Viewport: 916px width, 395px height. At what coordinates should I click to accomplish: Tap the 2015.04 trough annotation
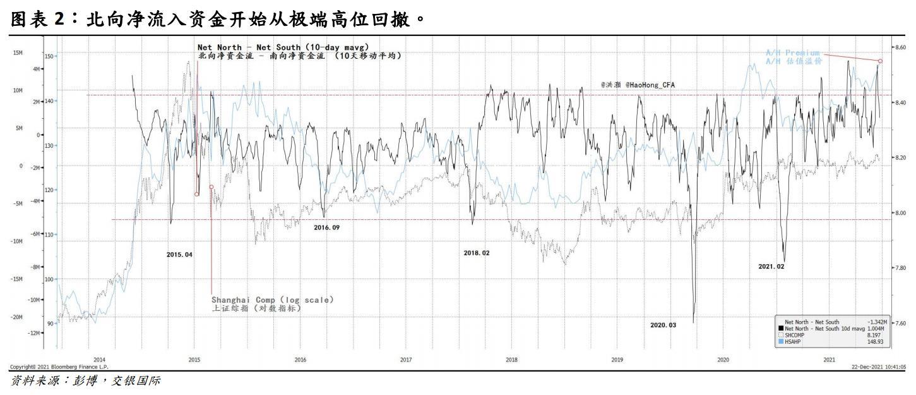[179, 254]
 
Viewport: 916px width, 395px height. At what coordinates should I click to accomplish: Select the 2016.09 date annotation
[326, 227]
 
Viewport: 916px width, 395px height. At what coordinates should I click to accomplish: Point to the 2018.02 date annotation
[476, 253]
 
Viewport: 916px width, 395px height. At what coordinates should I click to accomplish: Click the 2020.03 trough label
[663, 325]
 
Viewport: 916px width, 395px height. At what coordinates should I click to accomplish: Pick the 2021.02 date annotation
[771, 267]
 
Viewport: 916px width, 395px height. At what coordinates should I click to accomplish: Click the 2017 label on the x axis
[406, 360]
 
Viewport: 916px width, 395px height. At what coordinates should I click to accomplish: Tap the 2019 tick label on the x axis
[617, 360]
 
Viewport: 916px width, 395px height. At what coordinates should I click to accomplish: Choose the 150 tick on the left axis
[49, 56]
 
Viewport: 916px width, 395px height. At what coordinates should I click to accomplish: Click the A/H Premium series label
[793, 52]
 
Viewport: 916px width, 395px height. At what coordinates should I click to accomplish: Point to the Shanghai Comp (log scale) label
[272, 300]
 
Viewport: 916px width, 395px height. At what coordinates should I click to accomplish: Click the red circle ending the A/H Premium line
[880, 61]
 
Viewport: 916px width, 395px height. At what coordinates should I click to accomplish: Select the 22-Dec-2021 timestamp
[879, 367]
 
